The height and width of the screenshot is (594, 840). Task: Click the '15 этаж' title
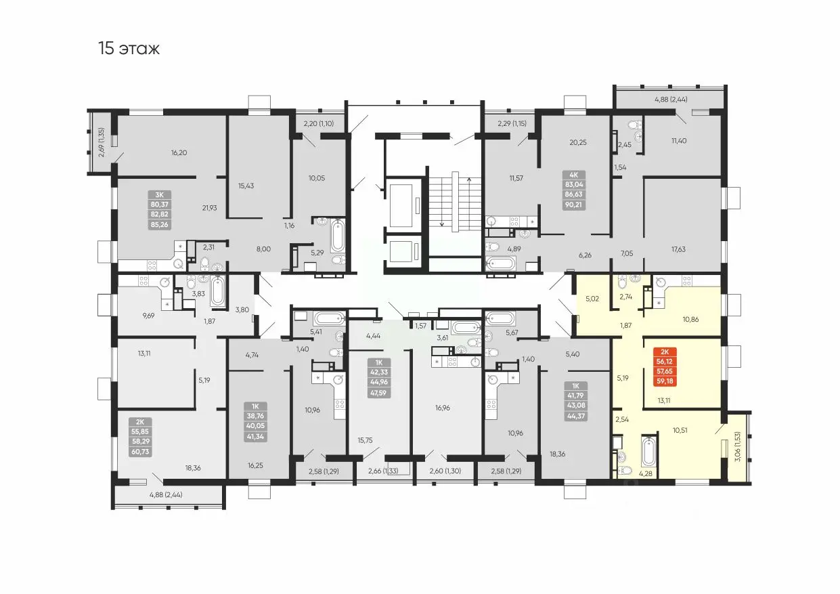(x=129, y=48)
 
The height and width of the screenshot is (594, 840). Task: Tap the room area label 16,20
(x=179, y=152)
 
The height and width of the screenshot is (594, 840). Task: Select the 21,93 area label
(x=209, y=208)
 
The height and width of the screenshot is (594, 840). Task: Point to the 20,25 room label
(x=578, y=142)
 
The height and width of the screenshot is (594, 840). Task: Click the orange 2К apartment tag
(x=665, y=352)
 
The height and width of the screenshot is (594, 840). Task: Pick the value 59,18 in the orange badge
(x=665, y=381)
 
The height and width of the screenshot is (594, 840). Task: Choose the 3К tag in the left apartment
(x=159, y=195)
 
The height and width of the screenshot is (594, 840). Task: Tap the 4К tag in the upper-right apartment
(x=573, y=175)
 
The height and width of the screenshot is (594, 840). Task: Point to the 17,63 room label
(x=678, y=249)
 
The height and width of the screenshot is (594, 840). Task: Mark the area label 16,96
(x=443, y=408)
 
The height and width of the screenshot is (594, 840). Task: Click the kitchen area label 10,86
(x=690, y=319)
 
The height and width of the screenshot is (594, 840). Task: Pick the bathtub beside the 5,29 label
(x=338, y=236)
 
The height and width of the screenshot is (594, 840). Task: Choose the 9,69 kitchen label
(x=148, y=316)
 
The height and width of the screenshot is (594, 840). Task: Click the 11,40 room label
(x=679, y=141)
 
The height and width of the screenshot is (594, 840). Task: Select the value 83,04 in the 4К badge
(x=573, y=185)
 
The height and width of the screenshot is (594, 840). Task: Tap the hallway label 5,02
(x=592, y=299)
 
